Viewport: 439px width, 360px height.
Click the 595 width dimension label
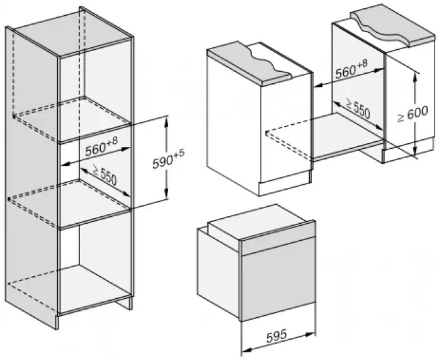pyautogui.click(x=279, y=335)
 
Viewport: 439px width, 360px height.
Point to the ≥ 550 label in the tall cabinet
pyautogui.click(x=103, y=175)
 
